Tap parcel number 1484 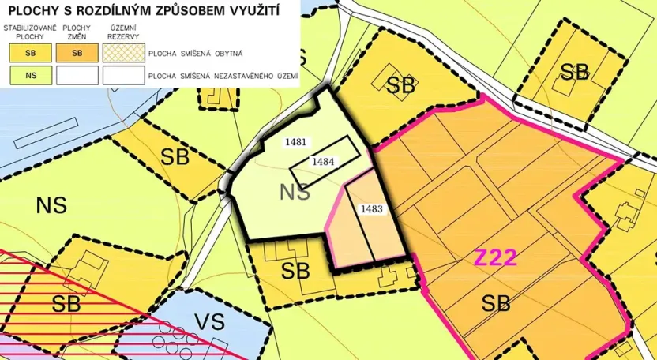(323, 161)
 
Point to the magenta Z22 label (495, 258)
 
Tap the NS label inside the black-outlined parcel (295, 192)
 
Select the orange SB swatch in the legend (77, 54)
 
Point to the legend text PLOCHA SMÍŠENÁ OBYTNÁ (197, 54)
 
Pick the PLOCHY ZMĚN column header (77, 32)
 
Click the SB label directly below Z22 (496, 302)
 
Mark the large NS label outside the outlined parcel (51, 206)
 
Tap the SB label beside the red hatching (66, 302)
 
